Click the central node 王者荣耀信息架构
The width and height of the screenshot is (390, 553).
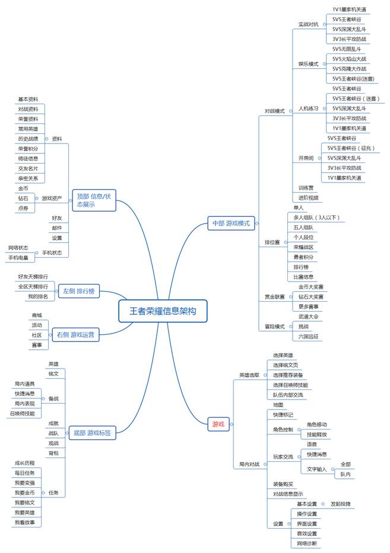[x=163, y=311]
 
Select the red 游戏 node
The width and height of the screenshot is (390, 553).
[x=218, y=423]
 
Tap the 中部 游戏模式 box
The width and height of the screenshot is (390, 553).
[x=232, y=223]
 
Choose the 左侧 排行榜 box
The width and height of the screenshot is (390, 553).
[x=79, y=290]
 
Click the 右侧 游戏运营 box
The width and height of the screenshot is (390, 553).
[x=75, y=335]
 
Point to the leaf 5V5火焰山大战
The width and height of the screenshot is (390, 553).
[x=349, y=59]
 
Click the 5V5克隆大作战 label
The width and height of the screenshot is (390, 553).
[x=349, y=69]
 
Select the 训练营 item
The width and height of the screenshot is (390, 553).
[x=306, y=188]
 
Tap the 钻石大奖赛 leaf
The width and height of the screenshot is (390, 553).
[x=310, y=296]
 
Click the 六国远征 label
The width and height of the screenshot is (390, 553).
[x=308, y=336]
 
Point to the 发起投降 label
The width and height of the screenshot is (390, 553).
[x=341, y=504]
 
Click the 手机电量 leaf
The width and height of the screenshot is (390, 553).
[x=18, y=258]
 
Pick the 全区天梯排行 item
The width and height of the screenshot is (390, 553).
[x=33, y=286]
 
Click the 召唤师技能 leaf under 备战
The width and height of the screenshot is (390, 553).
[x=22, y=413]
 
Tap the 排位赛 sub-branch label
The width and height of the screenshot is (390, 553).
[x=272, y=243]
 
